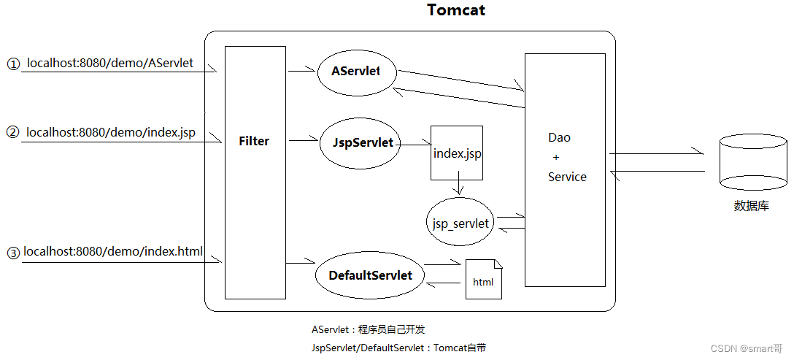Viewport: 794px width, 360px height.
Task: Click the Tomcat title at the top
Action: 456,10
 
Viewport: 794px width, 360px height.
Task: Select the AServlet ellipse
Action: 356,72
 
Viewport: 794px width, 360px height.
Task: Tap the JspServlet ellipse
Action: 358,143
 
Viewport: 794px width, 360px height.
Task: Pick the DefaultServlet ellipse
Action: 370,275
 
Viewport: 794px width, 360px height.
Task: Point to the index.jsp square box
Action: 457,153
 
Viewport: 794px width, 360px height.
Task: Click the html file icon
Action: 484,280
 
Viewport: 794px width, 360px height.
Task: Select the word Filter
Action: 254,142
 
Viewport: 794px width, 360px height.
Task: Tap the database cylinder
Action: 753,162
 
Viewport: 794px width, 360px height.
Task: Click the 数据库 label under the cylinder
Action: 752,206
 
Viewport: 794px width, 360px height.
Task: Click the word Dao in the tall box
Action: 560,137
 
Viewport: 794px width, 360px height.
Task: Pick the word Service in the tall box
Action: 567,177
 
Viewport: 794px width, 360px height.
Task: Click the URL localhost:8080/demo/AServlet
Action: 110,64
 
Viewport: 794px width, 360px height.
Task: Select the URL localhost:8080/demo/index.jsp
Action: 111,133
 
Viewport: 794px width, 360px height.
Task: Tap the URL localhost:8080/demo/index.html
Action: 113,252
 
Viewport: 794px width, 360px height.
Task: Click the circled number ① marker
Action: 13,64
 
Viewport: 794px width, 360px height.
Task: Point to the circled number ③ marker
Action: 12,253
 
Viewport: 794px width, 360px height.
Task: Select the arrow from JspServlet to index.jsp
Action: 413,145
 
